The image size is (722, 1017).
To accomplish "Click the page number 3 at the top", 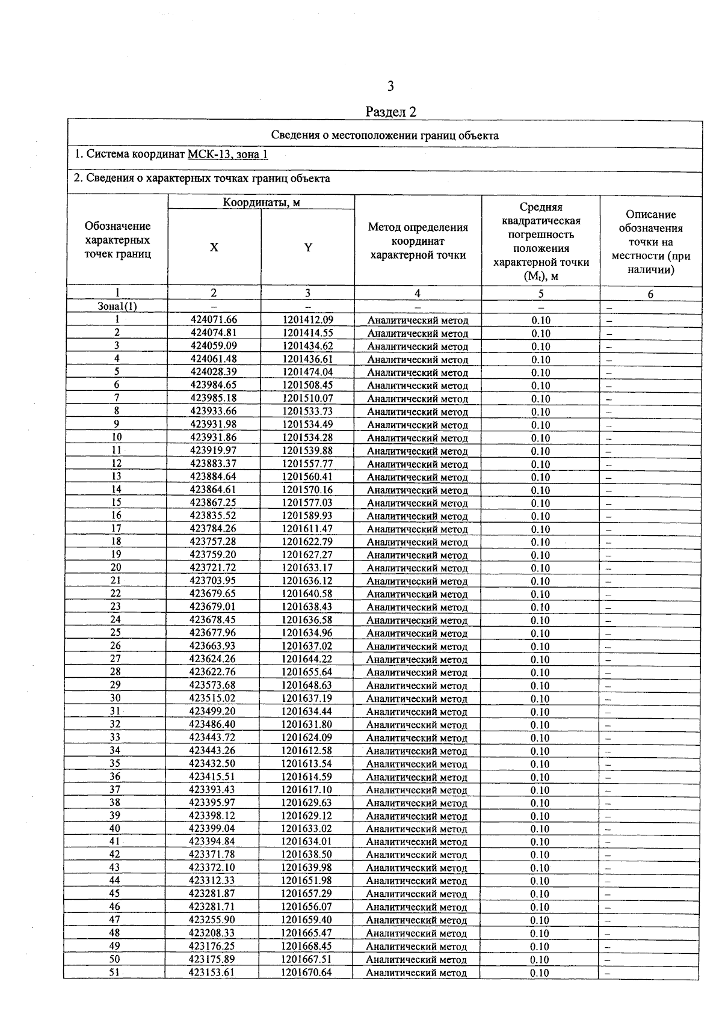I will tap(390, 87).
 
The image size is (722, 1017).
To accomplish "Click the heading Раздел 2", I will tap(391, 112).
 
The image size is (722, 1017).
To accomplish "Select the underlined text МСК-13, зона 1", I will tap(228, 155).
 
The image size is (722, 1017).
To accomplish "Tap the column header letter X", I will tap(214, 247).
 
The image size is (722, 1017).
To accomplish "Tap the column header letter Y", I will tap(308, 247).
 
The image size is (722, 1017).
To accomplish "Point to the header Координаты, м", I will tap(261, 203).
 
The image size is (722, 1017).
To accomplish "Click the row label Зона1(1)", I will tap(117, 306).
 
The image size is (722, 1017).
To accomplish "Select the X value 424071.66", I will tap(214, 320).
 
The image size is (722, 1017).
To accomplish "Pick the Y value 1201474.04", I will tap(307, 372).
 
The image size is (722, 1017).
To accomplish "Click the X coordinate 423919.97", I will tap(214, 450).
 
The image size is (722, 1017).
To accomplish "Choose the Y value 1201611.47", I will tap(307, 529).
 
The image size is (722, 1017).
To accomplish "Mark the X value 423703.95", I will tap(213, 581).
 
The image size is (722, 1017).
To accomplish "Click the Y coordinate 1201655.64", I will tap(307, 672).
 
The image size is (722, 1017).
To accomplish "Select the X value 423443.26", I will tap(213, 751).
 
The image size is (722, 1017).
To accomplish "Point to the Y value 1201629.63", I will tap(306, 803).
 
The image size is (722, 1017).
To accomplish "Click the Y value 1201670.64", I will tap(306, 972).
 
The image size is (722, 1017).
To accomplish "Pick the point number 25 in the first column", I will tap(116, 633).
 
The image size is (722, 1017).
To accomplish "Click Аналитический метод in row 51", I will tap(416, 973).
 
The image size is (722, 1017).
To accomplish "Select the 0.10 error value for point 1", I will tap(541, 321).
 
